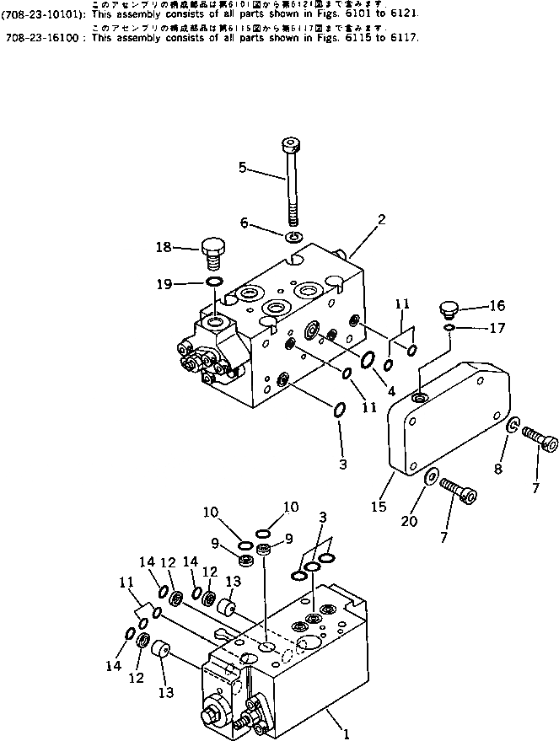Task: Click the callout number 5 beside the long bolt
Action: pos(244,168)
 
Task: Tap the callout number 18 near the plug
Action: pos(164,247)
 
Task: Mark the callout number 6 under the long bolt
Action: pos(245,223)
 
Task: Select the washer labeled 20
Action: pos(430,476)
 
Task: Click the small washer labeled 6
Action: pos(293,236)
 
